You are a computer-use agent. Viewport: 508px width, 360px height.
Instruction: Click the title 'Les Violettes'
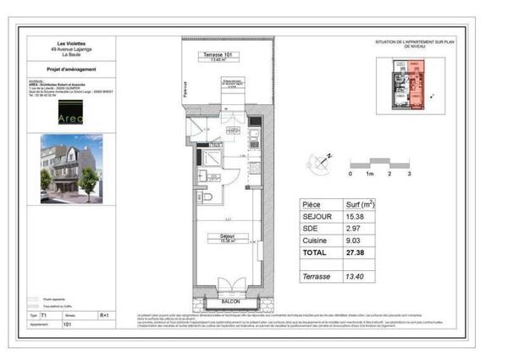[x=71, y=43]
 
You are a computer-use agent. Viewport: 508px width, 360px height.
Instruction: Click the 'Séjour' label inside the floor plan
[x=227, y=236]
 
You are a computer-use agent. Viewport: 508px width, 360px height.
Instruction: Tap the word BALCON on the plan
[x=229, y=302]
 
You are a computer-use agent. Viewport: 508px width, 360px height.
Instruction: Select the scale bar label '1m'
[x=369, y=174]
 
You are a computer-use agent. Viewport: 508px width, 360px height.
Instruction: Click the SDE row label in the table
[x=312, y=229]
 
